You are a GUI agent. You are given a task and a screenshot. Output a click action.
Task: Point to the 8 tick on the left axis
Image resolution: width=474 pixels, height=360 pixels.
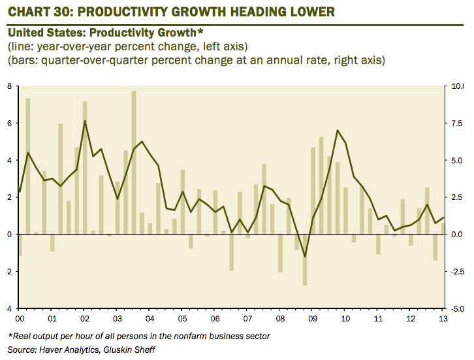coord(10,86)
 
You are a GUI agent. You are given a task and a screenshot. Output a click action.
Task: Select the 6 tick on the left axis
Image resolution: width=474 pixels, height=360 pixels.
coord(10,123)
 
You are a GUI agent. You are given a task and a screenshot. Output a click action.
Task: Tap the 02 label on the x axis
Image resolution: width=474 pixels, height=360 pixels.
coord(84,319)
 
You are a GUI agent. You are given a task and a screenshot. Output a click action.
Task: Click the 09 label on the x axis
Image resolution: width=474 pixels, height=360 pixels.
coord(312,319)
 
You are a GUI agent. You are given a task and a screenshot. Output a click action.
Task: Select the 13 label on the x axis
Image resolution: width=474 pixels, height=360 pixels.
coord(443,319)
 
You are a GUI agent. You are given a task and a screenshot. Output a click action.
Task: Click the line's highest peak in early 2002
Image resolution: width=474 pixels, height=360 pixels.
coord(85,121)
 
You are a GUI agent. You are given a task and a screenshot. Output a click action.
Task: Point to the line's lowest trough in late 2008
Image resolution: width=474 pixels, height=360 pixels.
coord(305,257)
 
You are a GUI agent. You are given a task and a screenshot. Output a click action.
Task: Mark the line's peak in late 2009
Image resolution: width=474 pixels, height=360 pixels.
coord(338,130)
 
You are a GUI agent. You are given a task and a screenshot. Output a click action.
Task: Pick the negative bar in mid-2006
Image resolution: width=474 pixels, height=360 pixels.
coord(232,252)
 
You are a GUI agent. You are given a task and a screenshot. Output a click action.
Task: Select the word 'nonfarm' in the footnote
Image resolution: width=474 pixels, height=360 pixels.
coord(194,336)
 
